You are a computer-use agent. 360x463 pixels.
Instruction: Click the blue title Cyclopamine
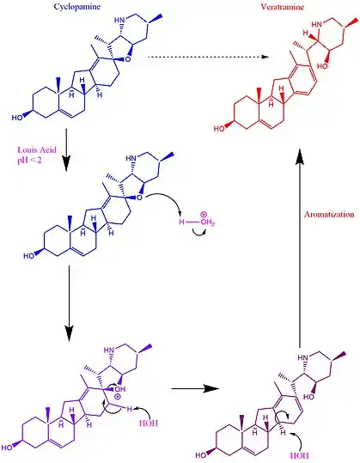[x=76, y=7]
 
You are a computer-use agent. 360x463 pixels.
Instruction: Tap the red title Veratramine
[x=283, y=7]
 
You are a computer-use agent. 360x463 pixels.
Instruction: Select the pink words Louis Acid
[x=37, y=149]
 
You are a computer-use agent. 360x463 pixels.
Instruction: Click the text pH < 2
[x=29, y=161]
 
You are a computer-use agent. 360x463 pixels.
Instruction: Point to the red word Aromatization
[x=329, y=214]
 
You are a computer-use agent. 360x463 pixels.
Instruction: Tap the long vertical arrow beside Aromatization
[x=300, y=248]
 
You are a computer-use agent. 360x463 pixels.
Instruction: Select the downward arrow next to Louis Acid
[x=66, y=149]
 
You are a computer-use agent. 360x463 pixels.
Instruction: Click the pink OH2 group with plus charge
[x=207, y=221]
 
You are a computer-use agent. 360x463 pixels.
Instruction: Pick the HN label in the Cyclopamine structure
[x=119, y=20]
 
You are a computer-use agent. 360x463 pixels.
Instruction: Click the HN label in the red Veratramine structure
[x=317, y=24]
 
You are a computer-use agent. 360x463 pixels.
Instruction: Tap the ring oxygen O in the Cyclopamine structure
[x=127, y=59]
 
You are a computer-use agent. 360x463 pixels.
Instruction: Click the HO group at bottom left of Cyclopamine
[x=17, y=118]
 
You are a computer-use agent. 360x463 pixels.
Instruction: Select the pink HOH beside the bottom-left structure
[x=149, y=423]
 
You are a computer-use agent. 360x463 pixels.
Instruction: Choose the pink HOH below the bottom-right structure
[x=300, y=455]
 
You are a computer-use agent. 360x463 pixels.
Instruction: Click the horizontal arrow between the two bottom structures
[x=195, y=388]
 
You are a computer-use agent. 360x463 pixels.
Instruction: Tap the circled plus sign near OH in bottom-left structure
[x=117, y=397]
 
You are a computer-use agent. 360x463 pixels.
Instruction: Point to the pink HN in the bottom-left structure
[x=109, y=350]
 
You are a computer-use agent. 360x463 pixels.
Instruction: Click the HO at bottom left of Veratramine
[x=219, y=129]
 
